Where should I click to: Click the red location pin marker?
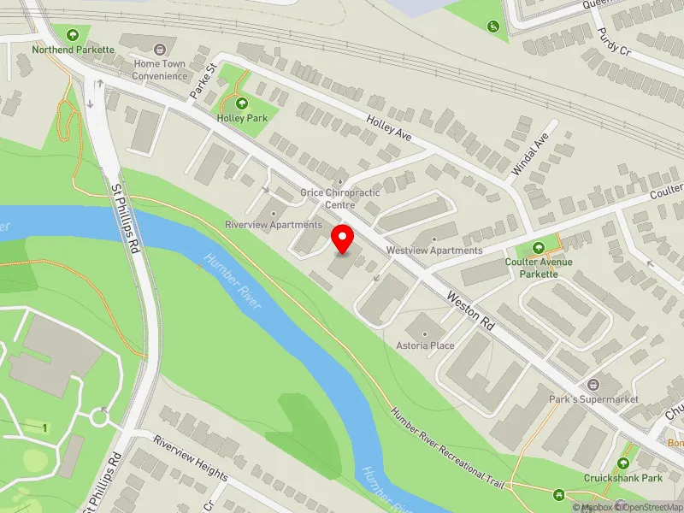(x=343, y=239)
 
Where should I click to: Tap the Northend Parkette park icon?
(x=73, y=35)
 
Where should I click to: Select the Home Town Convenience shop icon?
(x=160, y=49)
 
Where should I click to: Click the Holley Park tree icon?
(x=242, y=103)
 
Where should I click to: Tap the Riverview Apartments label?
(x=274, y=224)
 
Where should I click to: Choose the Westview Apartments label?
(x=434, y=250)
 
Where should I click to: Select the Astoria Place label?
(x=424, y=345)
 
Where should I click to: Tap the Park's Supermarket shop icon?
(x=594, y=386)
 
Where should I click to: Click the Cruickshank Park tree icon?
(x=623, y=463)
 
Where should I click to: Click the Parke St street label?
(x=204, y=79)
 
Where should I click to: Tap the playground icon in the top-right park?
(x=493, y=27)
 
